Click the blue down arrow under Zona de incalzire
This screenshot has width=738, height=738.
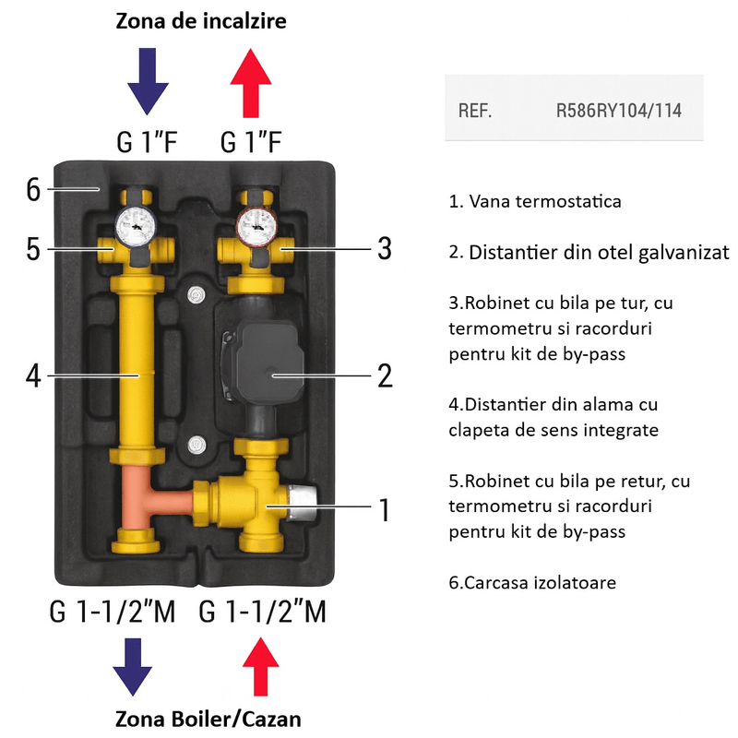click(148, 83)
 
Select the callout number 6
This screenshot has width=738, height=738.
click(33, 190)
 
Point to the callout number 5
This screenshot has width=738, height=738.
click(33, 249)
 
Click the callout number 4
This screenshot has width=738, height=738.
click(33, 375)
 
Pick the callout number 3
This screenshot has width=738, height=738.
click(383, 249)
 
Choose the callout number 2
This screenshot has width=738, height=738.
click(383, 375)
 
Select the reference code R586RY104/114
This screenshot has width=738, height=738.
click(618, 111)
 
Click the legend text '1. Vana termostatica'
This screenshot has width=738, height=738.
click(535, 201)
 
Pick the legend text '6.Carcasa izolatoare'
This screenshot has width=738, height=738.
click(532, 583)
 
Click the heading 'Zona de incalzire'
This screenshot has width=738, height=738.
click(200, 20)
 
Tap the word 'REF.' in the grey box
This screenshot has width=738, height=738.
click(475, 111)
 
